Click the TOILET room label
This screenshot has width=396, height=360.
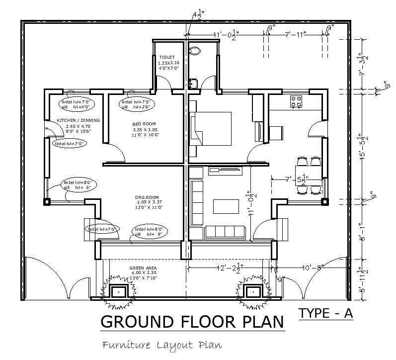166,58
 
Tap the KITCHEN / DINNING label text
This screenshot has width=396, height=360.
78,120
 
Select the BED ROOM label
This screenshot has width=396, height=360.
144,123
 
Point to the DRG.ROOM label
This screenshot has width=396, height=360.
149,198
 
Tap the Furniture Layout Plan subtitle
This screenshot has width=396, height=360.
161,345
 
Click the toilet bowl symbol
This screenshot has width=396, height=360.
195,50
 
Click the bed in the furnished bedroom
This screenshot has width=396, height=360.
211,128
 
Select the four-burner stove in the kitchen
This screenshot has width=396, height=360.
297,101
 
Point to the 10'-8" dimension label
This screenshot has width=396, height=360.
312,268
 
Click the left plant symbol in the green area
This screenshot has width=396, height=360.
119,291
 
